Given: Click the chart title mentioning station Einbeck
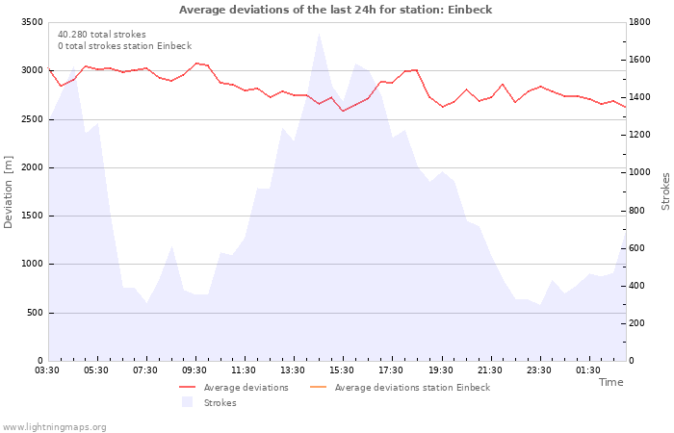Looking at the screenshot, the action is [x=335, y=10].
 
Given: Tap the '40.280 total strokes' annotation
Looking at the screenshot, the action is [x=102, y=35].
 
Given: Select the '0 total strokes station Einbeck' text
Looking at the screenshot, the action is [x=124, y=46].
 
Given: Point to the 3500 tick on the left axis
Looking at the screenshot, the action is [x=32, y=22].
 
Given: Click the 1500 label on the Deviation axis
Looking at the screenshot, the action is [x=32, y=216].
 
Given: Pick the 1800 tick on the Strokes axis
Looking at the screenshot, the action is [x=639, y=22].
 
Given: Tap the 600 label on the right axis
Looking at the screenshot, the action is [x=637, y=248].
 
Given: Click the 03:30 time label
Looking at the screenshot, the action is [x=47, y=370].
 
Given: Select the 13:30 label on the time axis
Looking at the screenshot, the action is [x=293, y=370].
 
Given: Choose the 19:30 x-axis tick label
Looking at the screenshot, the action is [x=441, y=370].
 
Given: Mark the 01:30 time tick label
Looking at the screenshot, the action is [x=588, y=370].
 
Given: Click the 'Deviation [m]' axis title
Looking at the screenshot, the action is [x=8, y=192].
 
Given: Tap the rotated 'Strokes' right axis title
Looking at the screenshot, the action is [x=665, y=191].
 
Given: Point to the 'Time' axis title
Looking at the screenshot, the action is [x=610, y=382].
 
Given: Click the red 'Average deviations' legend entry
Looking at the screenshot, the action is [x=234, y=388].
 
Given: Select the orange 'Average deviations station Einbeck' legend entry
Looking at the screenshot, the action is [x=400, y=388].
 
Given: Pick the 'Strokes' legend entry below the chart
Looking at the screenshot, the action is [x=209, y=402].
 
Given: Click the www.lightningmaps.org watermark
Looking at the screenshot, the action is [x=54, y=427].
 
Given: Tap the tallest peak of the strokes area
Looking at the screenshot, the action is [x=319, y=34].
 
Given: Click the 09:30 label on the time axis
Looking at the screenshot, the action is [x=194, y=370].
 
